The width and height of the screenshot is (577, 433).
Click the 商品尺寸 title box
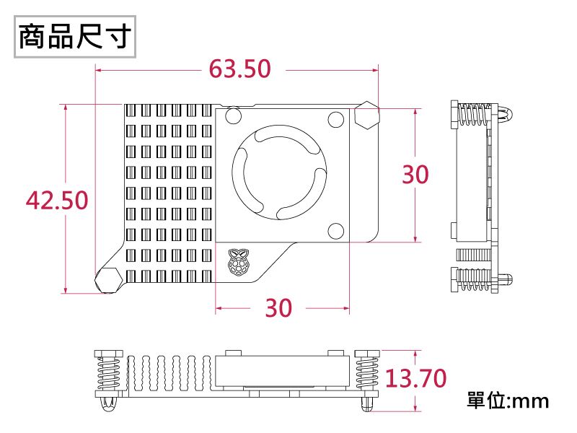click(x=74, y=36)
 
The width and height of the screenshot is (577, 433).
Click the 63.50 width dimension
click(x=239, y=69)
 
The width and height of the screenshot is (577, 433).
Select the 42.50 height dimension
click(x=57, y=200)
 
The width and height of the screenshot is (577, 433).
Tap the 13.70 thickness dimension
click(x=415, y=378)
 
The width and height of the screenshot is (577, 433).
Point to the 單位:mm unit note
click(x=508, y=400)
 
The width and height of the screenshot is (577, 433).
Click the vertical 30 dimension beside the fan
click(x=415, y=174)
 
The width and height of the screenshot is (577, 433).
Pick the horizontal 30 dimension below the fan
click(x=278, y=308)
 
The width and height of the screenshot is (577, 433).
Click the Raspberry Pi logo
click(x=239, y=263)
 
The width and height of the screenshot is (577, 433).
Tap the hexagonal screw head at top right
click(x=366, y=115)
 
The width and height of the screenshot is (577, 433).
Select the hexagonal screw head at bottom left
click(x=109, y=279)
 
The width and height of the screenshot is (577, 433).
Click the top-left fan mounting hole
click(x=234, y=116)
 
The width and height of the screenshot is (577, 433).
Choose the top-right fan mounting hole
click(x=336, y=119)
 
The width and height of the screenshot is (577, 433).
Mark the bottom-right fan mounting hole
click(x=336, y=230)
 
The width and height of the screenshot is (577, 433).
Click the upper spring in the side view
click(x=473, y=115)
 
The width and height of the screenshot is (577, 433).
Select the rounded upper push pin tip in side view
click(x=506, y=115)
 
